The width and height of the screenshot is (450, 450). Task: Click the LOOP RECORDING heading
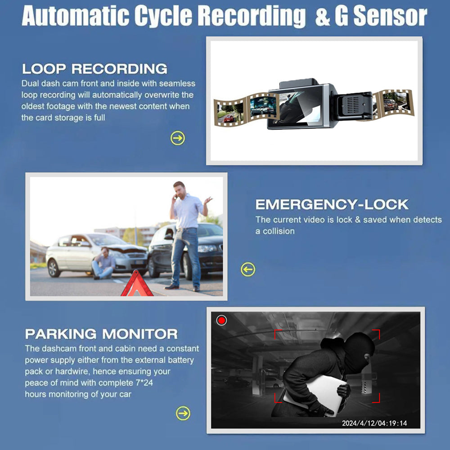point(94,69)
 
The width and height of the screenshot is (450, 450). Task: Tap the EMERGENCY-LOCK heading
point(332,204)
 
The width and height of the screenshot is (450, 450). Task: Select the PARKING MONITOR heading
point(101,334)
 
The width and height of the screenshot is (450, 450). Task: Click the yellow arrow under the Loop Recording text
point(178,138)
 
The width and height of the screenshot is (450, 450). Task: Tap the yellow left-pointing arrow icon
point(248,270)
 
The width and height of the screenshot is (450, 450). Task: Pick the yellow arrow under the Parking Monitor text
point(183,413)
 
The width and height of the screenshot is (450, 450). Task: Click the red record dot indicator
point(221,320)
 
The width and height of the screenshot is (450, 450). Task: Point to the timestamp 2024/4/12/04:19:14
point(374,423)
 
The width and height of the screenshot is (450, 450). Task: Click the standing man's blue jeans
point(186,254)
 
